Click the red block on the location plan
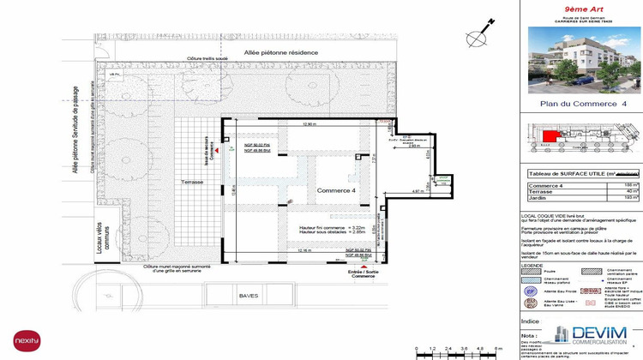549,134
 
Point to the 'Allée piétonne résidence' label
280,52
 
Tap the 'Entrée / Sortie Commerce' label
364,273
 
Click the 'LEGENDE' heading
532,266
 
